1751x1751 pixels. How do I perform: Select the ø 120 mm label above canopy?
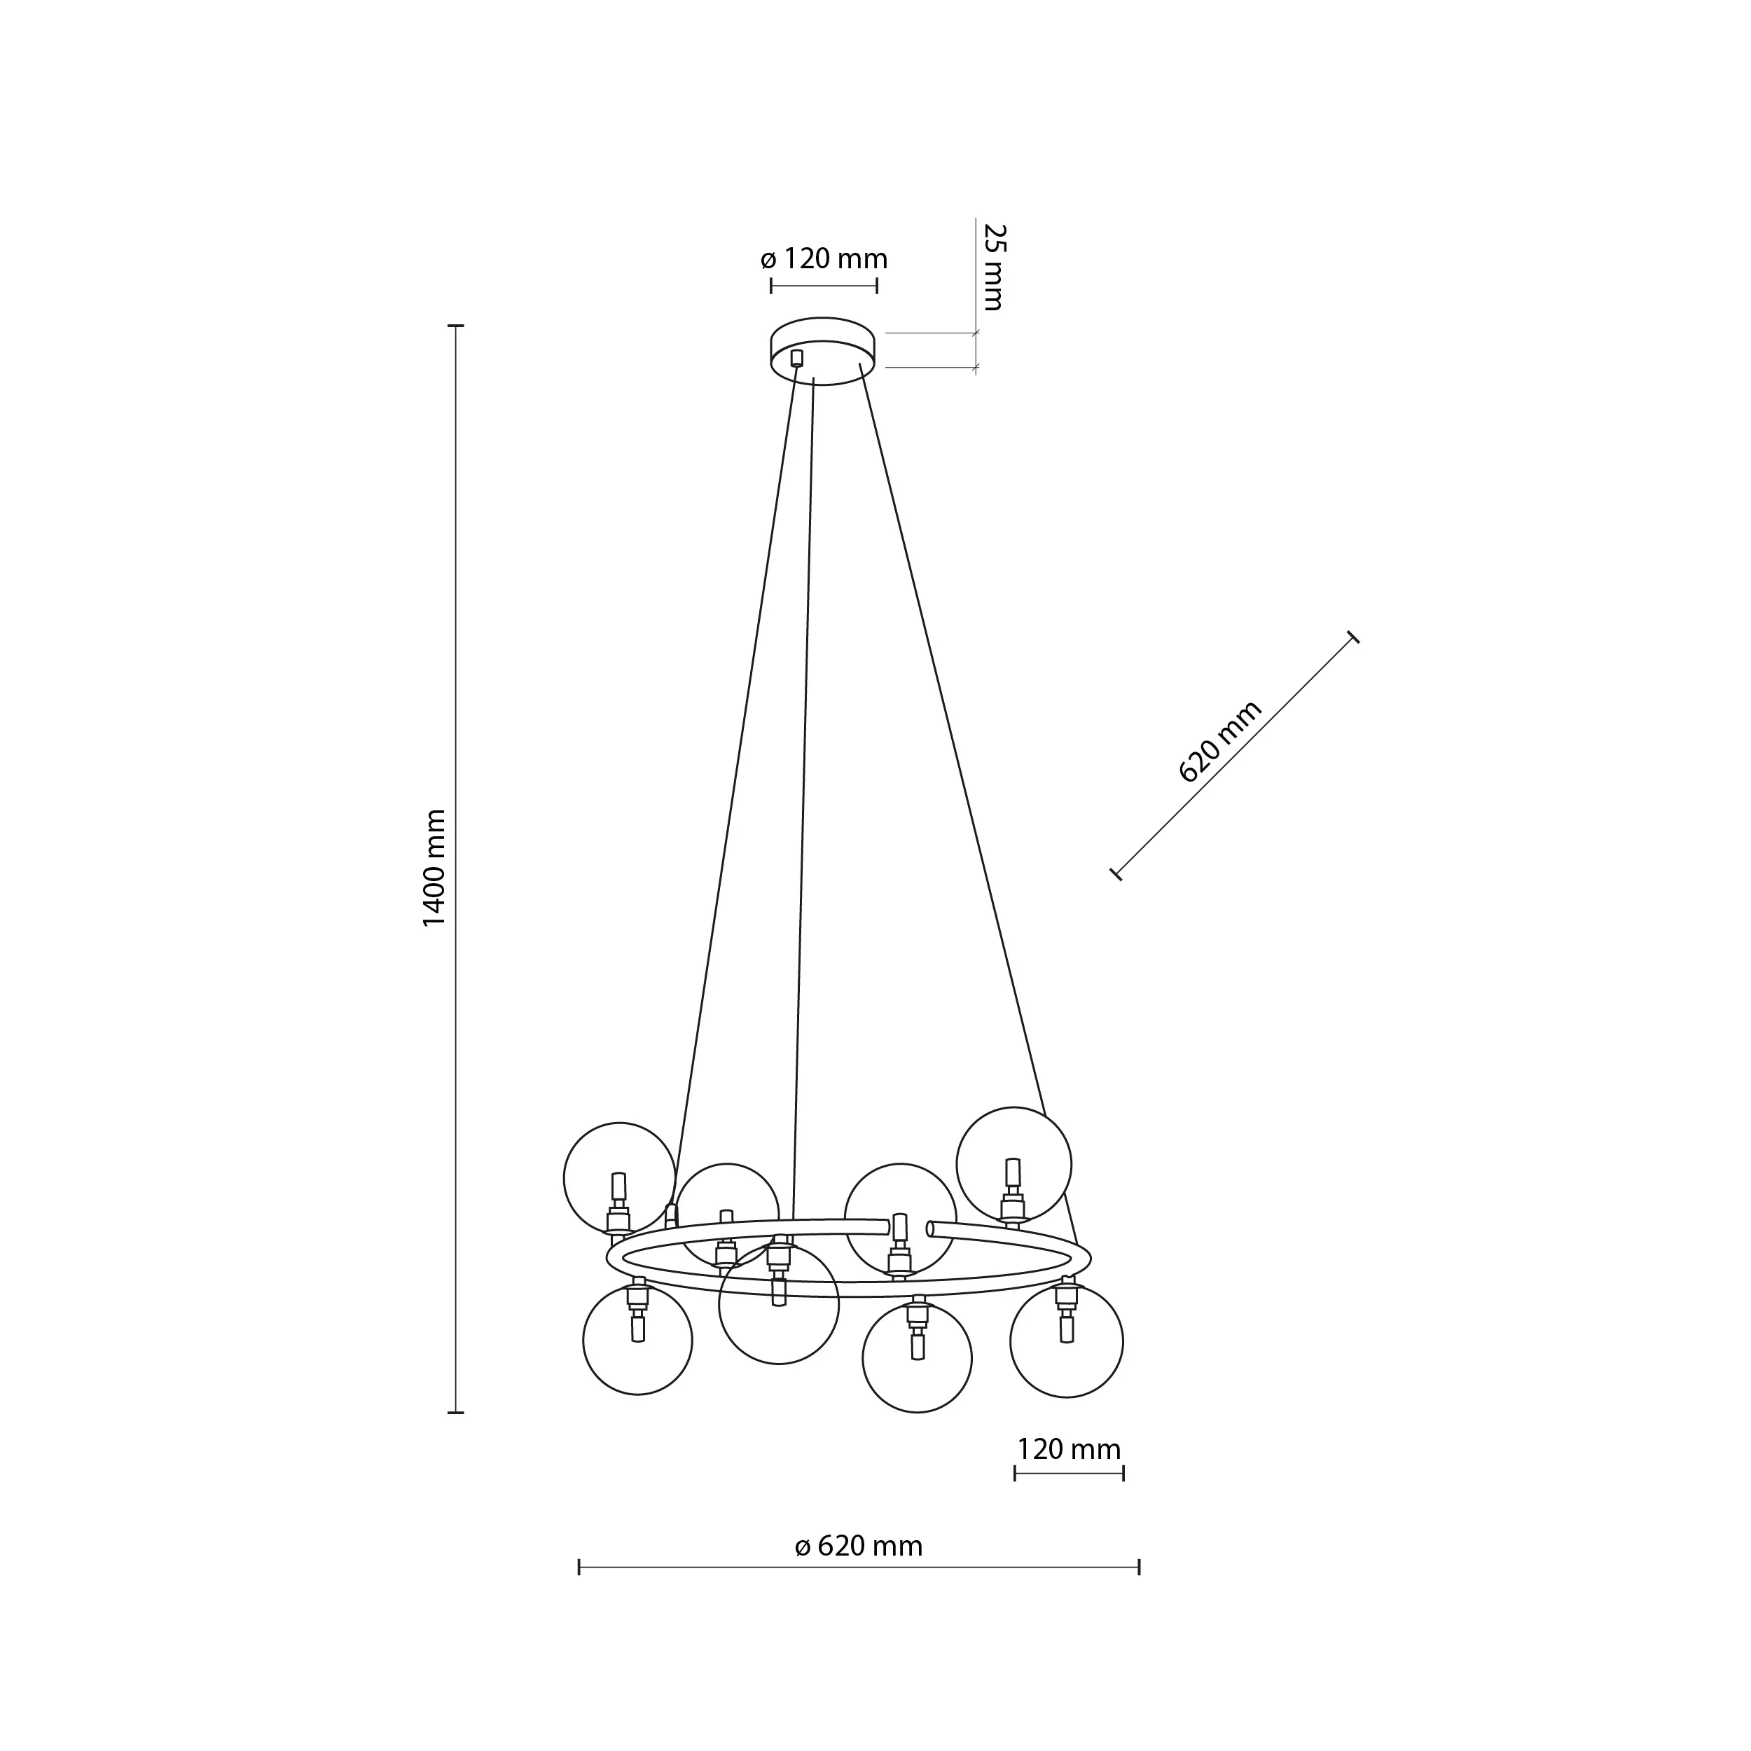point(824,259)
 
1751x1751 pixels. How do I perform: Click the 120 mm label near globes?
point(1069,1448)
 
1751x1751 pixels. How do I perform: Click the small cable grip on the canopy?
point(796,357)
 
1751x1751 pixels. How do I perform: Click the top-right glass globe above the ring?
point(1013,1163)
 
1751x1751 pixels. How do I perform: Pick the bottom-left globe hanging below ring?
point(637,1340)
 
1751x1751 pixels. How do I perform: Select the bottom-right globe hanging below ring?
point(1066,1341)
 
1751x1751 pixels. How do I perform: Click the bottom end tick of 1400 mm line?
point(456,1411)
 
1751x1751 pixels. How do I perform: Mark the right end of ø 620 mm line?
point(1138,1567)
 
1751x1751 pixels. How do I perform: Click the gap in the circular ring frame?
point(908,1228)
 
